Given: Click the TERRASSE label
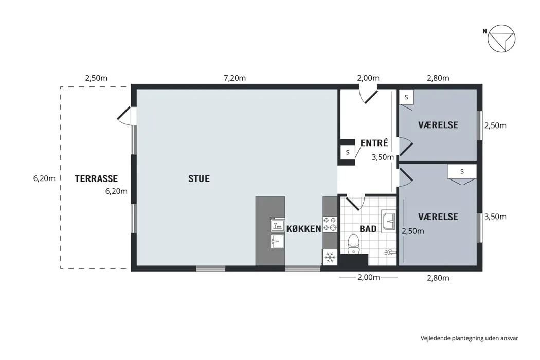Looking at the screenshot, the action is click(x=96, y=178).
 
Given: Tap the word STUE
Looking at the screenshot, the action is click(x=199, y=178).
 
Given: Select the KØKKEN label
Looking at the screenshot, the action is click(x=304, y=229).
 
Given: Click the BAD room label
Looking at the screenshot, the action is click(x=368, y=229).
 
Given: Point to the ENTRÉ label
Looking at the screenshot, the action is click(x=374, y=142).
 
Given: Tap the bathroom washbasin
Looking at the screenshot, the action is click(x=388, y=221).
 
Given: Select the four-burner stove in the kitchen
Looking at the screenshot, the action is click(x=330, y=224).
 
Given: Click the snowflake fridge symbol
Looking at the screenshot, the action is click(x=330, y=257).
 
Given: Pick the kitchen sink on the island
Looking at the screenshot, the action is click(x=277, y=241).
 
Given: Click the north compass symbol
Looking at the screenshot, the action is click(x=501, y=39).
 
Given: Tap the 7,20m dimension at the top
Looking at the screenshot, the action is click(x=235, y=78).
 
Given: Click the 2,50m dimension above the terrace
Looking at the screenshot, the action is click(x=97, y=78).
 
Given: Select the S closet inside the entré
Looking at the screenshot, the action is click(x=348, y=152).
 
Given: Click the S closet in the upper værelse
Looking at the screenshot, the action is click(x=406, y=97).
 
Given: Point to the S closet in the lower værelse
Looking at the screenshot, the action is click(x=462, y=172).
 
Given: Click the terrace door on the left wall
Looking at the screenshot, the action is click(x=126, y=115).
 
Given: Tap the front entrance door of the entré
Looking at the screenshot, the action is click(x=368, y=95).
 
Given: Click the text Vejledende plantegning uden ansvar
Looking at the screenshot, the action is click(x=469, y=338).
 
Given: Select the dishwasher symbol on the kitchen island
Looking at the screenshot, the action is click(x=277, y=225).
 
